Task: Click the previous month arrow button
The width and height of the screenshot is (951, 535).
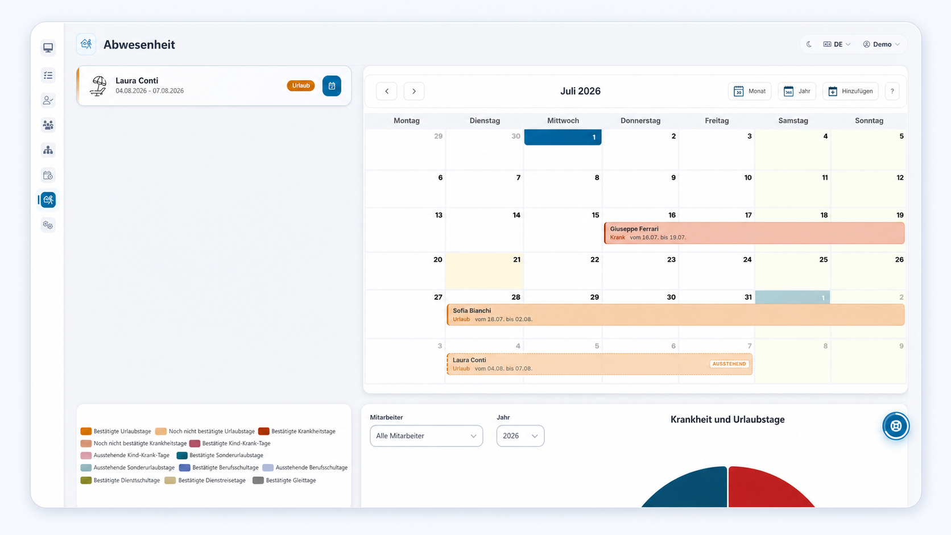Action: (386, 91)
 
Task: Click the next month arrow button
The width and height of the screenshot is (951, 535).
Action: (414, 91)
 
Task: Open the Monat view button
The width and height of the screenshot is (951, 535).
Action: (750, 91)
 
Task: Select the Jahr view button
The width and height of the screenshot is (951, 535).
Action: (797, 91)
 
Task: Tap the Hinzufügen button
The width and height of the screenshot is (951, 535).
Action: (850, 91)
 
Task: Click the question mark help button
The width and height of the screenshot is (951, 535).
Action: (892, 91)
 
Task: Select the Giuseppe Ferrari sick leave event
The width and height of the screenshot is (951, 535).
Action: (754, 233)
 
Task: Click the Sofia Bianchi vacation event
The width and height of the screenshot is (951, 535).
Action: (676, 315)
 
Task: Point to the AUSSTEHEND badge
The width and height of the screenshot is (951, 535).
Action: (729, 364)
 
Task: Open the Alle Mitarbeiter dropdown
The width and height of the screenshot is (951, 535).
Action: (426, 436)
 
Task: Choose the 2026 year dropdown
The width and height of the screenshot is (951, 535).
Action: (520, 436)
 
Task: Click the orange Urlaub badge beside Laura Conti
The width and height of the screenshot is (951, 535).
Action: (300, 86)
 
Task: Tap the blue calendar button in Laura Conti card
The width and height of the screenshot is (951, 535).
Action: (332, 86)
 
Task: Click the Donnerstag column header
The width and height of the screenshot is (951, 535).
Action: (640, 121)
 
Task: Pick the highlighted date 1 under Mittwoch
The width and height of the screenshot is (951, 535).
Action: (563, 137)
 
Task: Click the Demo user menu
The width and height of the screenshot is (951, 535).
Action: (882, 44)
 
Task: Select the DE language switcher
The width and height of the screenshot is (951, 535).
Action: (837, 44)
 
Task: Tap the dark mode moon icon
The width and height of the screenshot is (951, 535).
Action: (809, 44)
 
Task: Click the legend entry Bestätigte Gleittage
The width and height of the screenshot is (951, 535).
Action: (284, 480)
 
